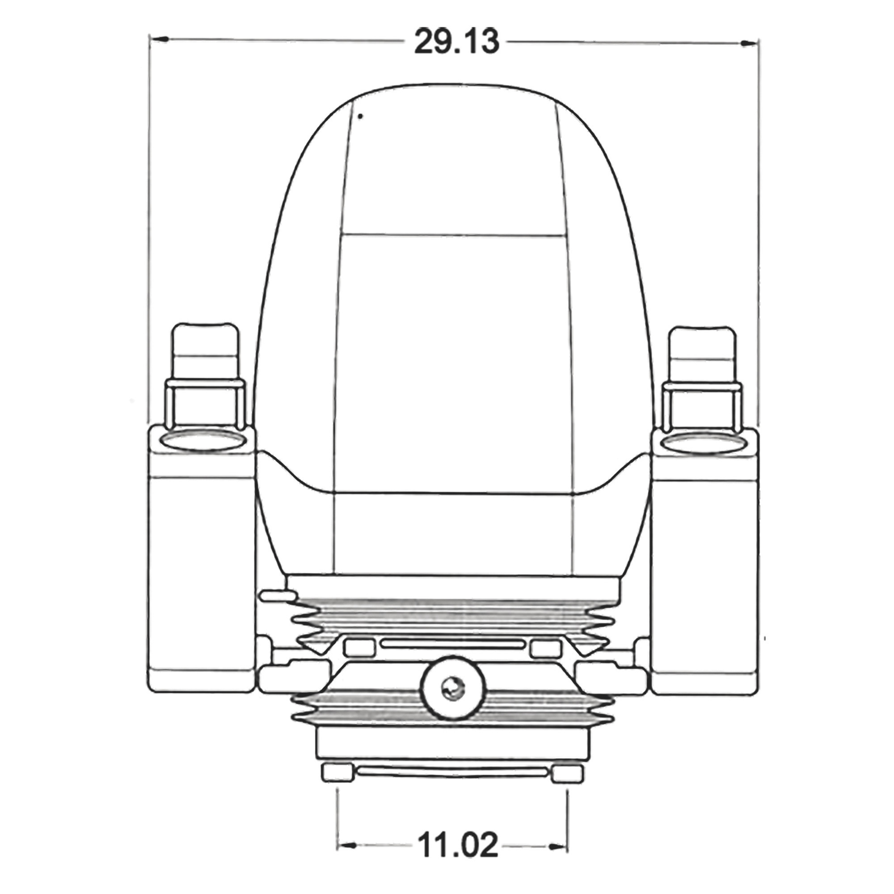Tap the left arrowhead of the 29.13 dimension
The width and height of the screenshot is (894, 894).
[x=158, y=40]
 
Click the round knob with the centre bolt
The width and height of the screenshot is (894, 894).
[x=451, y=692]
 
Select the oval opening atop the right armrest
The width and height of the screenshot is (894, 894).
[x=703, y=443]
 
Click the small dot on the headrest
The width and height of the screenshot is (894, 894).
[x=360, y=117]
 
